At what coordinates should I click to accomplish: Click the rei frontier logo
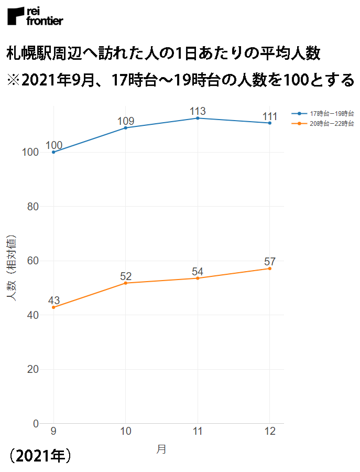pos(35,16)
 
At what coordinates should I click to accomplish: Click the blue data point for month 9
pos(53,152)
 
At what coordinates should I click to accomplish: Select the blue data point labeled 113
pos(198,118)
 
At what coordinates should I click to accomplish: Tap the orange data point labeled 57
pos(269,269)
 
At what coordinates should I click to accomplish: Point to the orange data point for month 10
pos(126,283)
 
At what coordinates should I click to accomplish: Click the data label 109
pos(126,121)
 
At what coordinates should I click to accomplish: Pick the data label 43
pos(53,301)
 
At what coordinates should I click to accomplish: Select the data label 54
pos(198,271)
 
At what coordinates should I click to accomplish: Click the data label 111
pos(269,116)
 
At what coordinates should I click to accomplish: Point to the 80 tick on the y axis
pos(32,207)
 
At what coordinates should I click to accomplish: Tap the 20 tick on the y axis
pos(32,369)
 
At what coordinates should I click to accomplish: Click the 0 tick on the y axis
pos(36,423)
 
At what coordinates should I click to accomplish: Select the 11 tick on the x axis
pos(198,431)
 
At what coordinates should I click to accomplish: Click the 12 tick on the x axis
pos(269,431)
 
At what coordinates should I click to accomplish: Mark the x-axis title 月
pos(161,449)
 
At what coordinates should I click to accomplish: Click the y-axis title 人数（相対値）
pos(12,267)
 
